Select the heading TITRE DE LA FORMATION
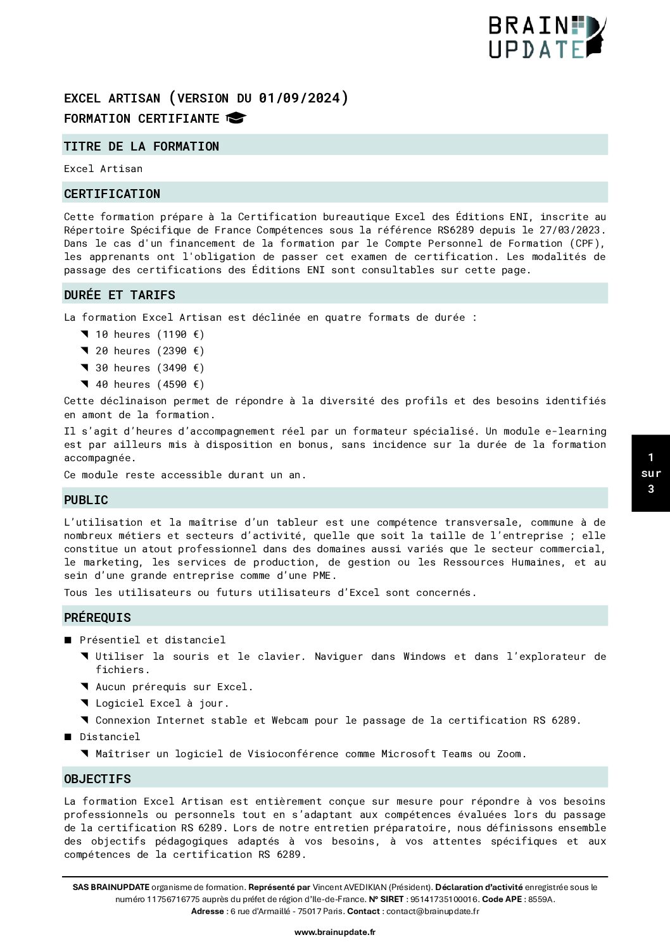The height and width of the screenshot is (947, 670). coord(141,146)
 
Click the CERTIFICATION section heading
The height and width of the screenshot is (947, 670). coord(112,194)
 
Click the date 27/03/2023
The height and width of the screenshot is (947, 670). coord(572,230)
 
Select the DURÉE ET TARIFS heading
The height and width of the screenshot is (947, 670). coord(120,295)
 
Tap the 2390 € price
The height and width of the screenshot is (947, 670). coord(180,350)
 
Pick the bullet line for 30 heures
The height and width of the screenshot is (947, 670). coord(149,368)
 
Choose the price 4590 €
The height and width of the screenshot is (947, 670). coord(180,384)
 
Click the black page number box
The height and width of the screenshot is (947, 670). coord(650,473)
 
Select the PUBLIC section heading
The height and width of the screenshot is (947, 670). coord(86,500)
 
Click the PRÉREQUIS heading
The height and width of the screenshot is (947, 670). coord(98,617)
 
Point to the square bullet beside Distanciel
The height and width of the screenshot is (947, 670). coord(68,737)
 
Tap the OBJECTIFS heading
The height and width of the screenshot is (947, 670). coord(98,779)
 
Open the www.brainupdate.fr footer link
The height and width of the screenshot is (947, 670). coord(334,932)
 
